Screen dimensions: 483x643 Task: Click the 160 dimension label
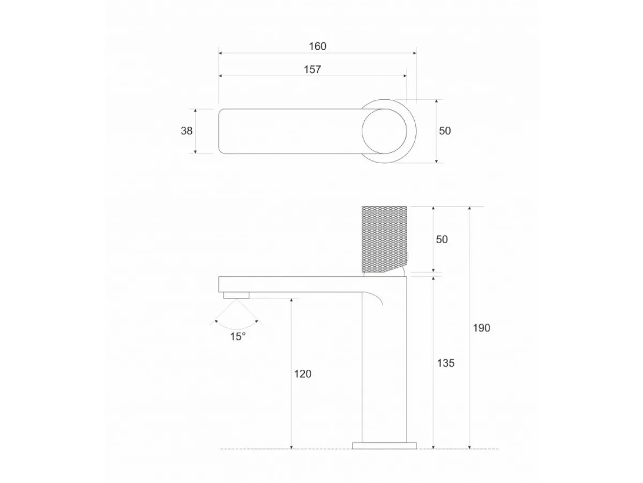pyautogui.click(x=317, y=46)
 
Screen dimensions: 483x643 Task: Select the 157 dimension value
pyautogui.click(x=312, y=69)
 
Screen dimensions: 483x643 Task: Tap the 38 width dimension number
pyautogui.click(x=186, y=130)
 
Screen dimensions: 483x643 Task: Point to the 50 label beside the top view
pyautogui.click(x=445, y=130)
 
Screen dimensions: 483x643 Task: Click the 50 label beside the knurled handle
pyautogui.click(x=442, y=239)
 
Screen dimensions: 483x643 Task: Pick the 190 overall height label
pyautogui.click(x=481, y=328)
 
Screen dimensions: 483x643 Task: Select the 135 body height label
pyautogui.click(x=445, y=363)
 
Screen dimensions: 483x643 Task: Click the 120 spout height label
pyautogui.click(x=302, y=374)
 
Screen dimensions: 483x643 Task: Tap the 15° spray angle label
pyautogui.click(x=238, y=336)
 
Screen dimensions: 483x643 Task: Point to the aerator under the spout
pyautogui.click(x=236, y=295)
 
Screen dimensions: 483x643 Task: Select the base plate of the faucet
pyautogui.click(x=384, y=445)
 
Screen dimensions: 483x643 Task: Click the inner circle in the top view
pyautogui.click(x=388, y=131)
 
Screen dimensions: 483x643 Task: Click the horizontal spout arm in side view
pyautogui.click(x=289, y=284)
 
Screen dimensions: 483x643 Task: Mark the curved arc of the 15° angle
pyautogui.click(x=238, y=326)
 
